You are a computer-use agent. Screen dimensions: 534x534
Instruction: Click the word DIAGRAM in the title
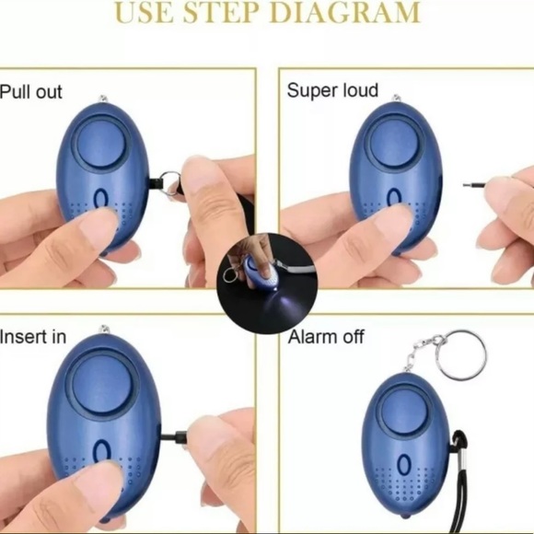pyautogui.click(x=346, y=13)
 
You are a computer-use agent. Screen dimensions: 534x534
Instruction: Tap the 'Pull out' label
pyautogui.click(x=31, y=92)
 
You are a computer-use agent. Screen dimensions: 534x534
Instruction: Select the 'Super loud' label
pyautogui.click(x=332, y=90)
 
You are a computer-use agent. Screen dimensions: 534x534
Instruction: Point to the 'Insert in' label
pyautogui.click(x=33, y=337)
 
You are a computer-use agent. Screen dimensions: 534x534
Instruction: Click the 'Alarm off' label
pyautogui.click(x=326, y=337)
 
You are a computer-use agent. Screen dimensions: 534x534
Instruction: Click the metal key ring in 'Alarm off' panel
pyautogui.click(x=462, y=355)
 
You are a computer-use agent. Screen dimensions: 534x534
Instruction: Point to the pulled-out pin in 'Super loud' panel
pyautogui.click(x=473, y=184)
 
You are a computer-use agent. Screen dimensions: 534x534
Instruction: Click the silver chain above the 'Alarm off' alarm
pyautogui.click(x=420, y=354)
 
